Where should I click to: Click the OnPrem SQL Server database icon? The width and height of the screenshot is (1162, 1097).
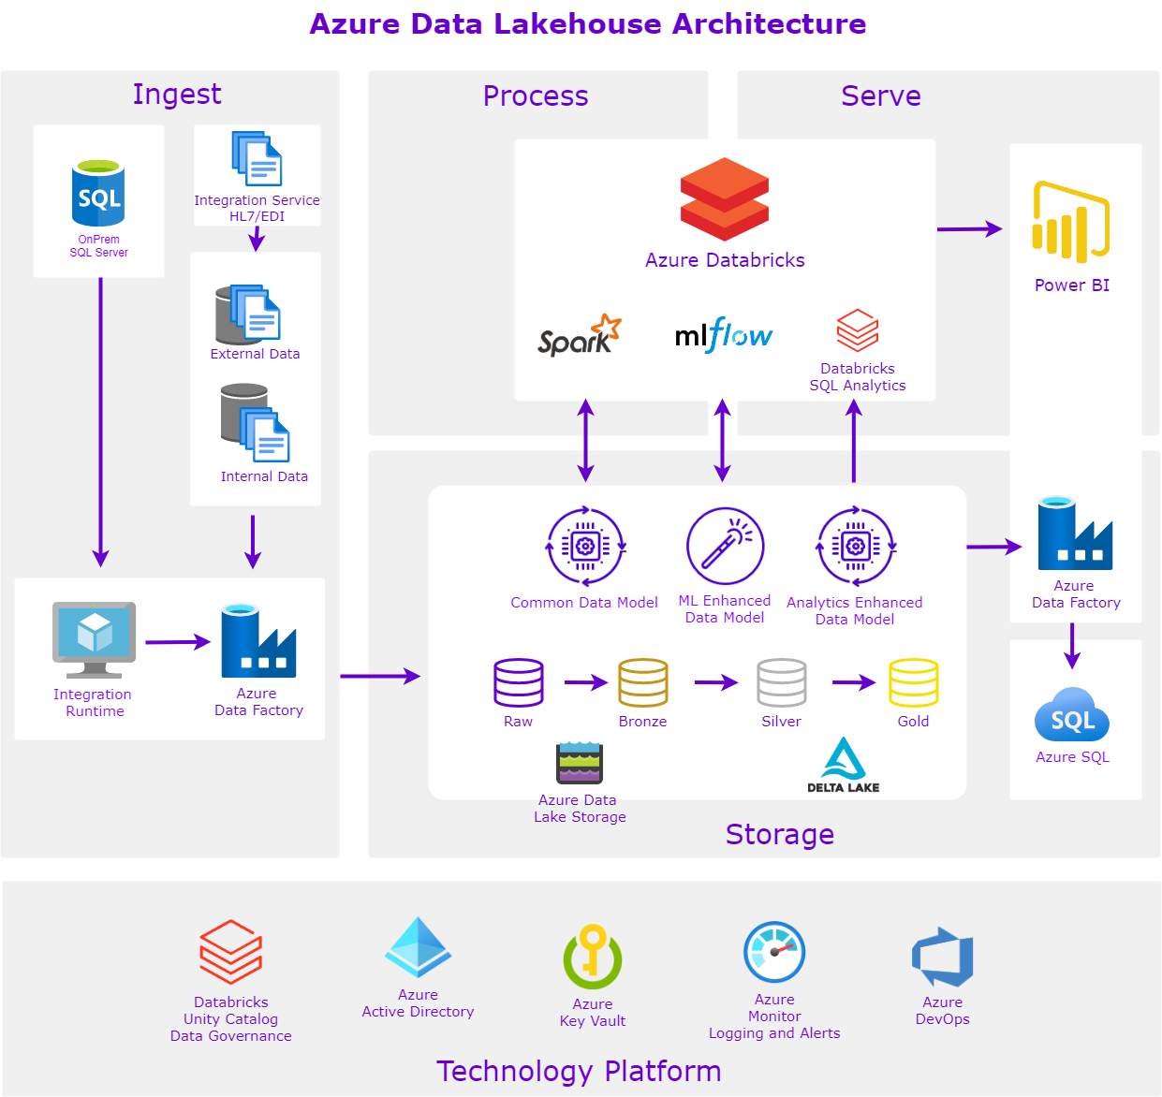pos(98,194)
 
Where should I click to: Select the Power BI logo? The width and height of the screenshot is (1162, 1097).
pos(1071,222)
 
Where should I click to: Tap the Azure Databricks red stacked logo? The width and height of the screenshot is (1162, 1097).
pos(725,199)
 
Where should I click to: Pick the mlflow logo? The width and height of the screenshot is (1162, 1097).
pos(724,335)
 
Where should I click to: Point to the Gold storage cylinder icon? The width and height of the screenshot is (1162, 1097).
pos(913,683)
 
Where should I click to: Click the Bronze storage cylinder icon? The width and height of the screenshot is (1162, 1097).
pos(643,683)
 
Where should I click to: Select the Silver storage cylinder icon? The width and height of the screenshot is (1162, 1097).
pos(782,683)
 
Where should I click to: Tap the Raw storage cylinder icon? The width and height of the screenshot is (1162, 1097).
pos(519,683)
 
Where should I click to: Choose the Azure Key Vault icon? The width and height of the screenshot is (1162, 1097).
pos(593,958)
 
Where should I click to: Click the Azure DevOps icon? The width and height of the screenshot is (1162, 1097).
pos(943,958)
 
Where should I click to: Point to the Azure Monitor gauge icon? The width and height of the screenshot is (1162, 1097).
pos(774,952)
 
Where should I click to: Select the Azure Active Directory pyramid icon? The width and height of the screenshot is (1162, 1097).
pos(418,948)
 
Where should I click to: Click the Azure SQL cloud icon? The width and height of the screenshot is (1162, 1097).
pos(1072,716)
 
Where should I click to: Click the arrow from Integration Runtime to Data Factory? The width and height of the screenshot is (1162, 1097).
pos(178,642)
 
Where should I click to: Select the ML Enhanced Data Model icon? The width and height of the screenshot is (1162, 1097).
pos(725,546)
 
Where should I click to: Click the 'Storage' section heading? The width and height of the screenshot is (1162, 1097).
pos(779,834)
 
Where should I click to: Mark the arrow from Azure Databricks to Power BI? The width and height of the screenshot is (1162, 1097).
pos(969,228)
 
